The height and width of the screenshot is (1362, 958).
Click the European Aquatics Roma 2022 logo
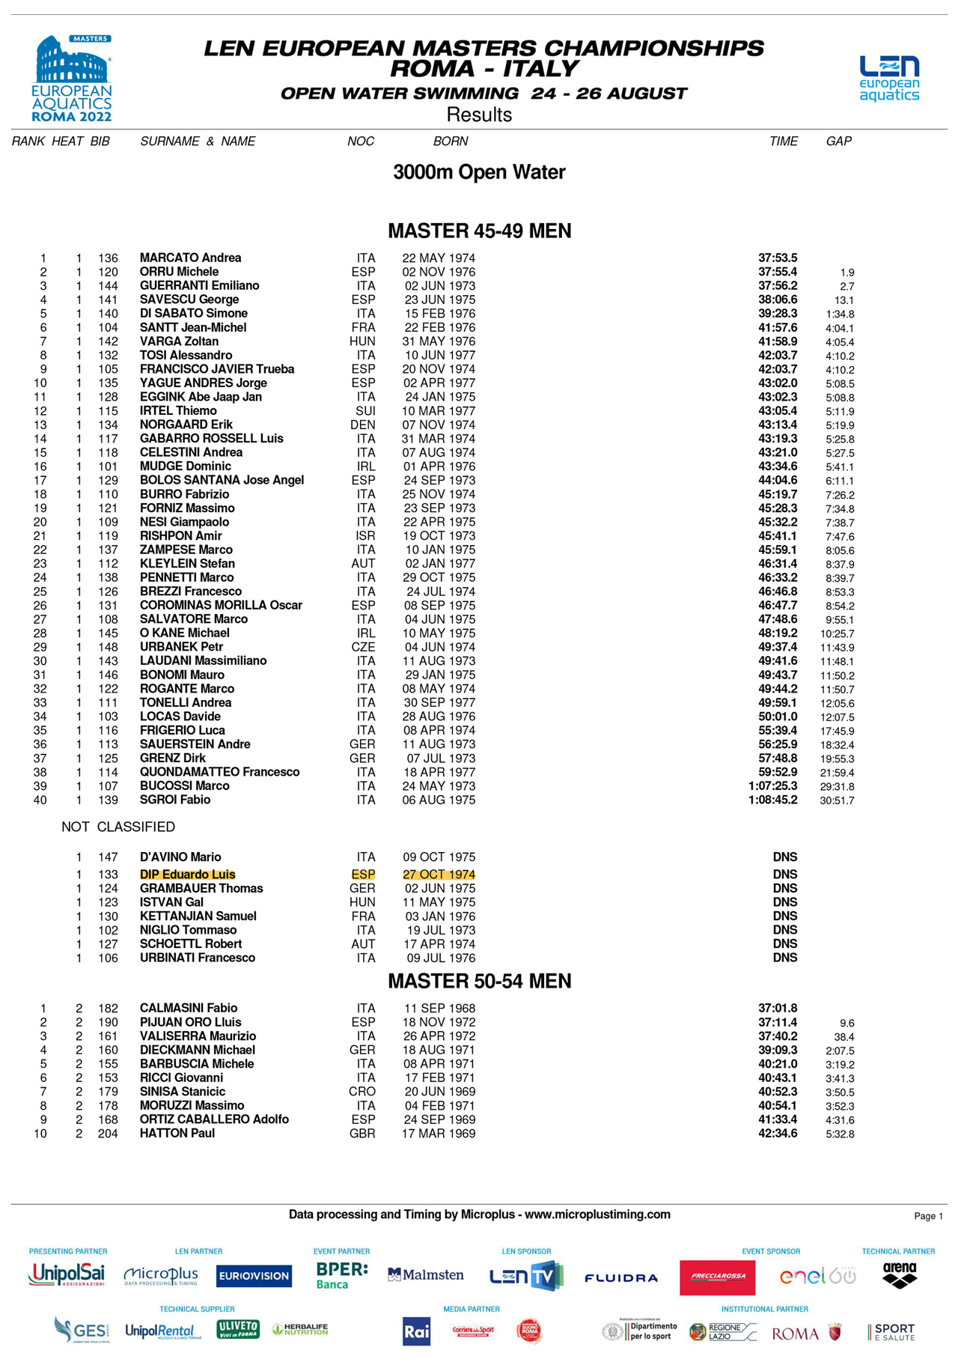coord(72,79)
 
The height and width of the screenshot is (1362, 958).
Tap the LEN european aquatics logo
coord(889,78)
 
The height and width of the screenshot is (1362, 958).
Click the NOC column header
coord(361,142)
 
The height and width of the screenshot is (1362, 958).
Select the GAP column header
coord(839,142)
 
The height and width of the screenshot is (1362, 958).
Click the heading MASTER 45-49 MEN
coord(479,231)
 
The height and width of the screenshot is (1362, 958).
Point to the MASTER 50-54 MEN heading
coord(479,981)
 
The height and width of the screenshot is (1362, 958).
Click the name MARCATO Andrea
coord(190,258)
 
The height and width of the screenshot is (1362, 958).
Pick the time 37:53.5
coord(778,258)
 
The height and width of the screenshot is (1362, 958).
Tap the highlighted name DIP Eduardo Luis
coord(187,875)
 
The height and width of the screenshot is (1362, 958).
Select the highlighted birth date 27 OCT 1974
coord(439,875)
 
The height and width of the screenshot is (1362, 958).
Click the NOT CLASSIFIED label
coord(118,827)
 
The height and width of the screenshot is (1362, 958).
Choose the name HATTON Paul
coord(177,1134)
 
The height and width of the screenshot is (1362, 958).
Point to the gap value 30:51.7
coord(837,801)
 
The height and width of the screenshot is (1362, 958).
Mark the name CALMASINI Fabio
coord(189,1009)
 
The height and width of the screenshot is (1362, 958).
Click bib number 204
coord(108,1134)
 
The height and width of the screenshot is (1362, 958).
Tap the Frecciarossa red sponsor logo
coord(718,1277)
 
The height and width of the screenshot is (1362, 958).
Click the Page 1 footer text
coord(928,1216)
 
